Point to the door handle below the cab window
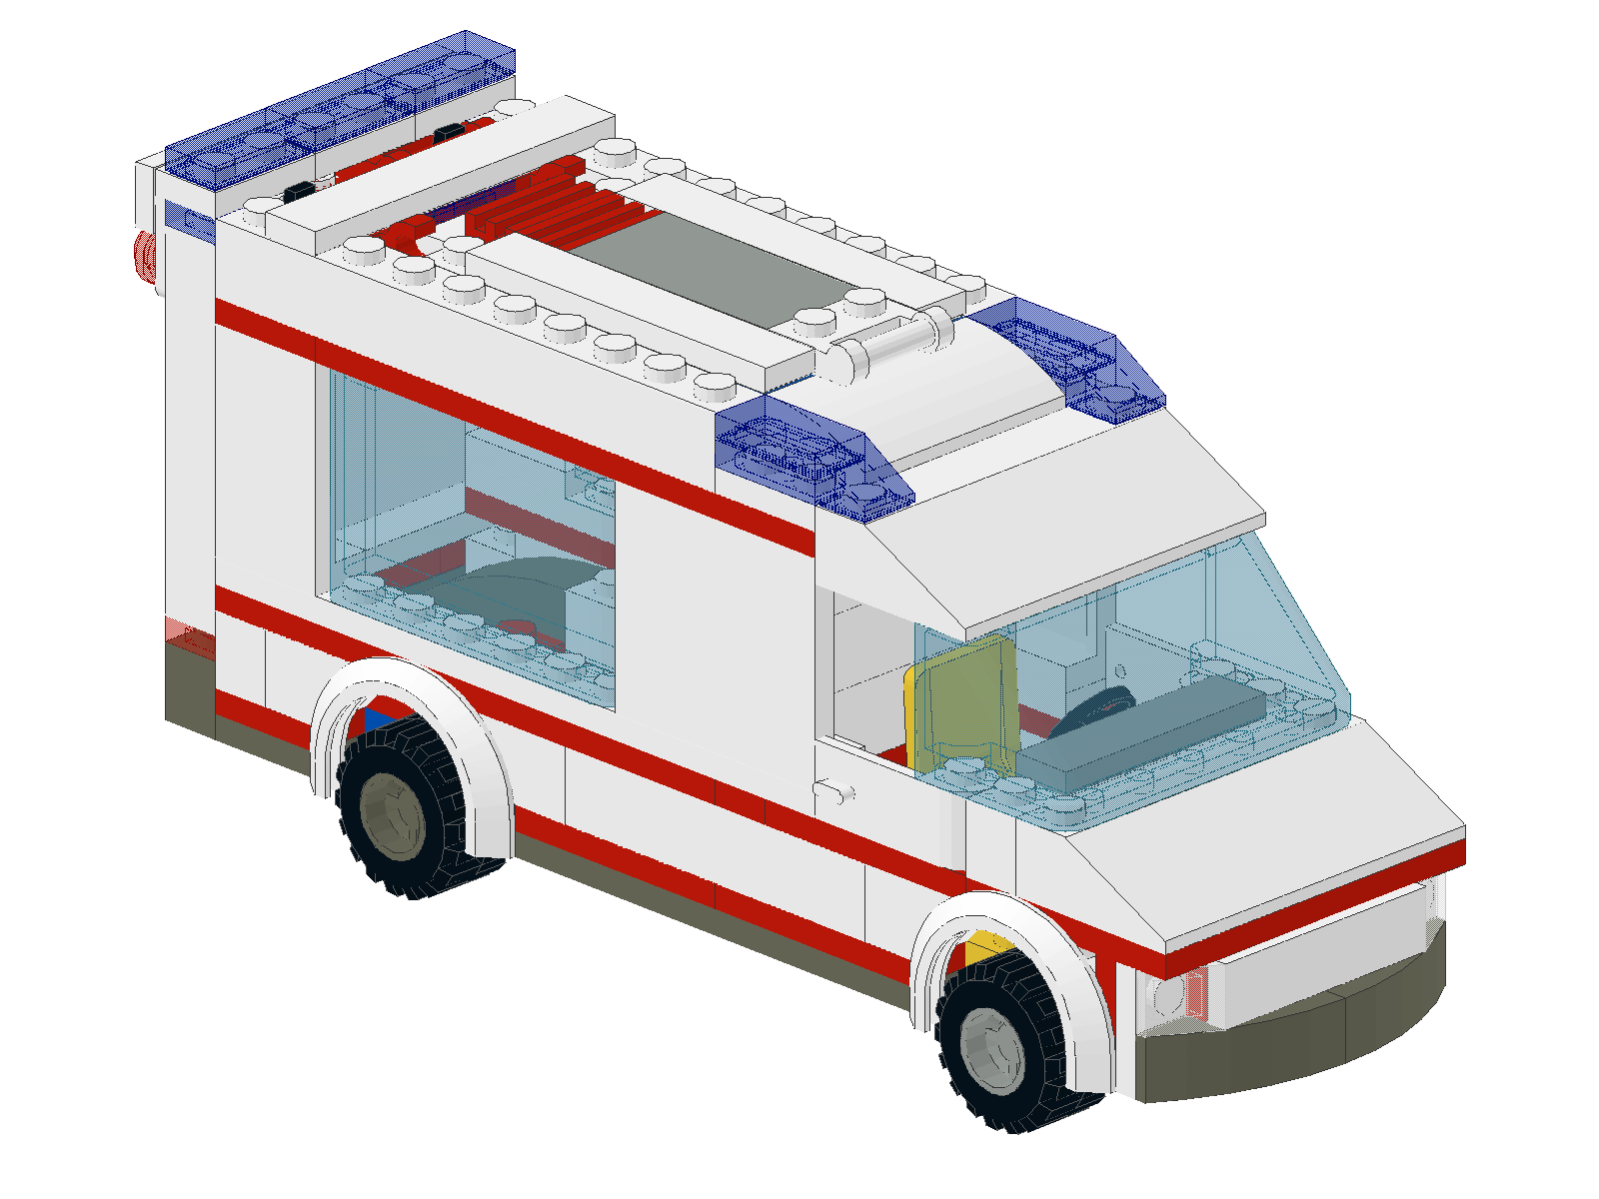[x=834, y=792]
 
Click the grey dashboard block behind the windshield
[x=1169, y=724]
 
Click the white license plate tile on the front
[x=1319, y=949]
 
